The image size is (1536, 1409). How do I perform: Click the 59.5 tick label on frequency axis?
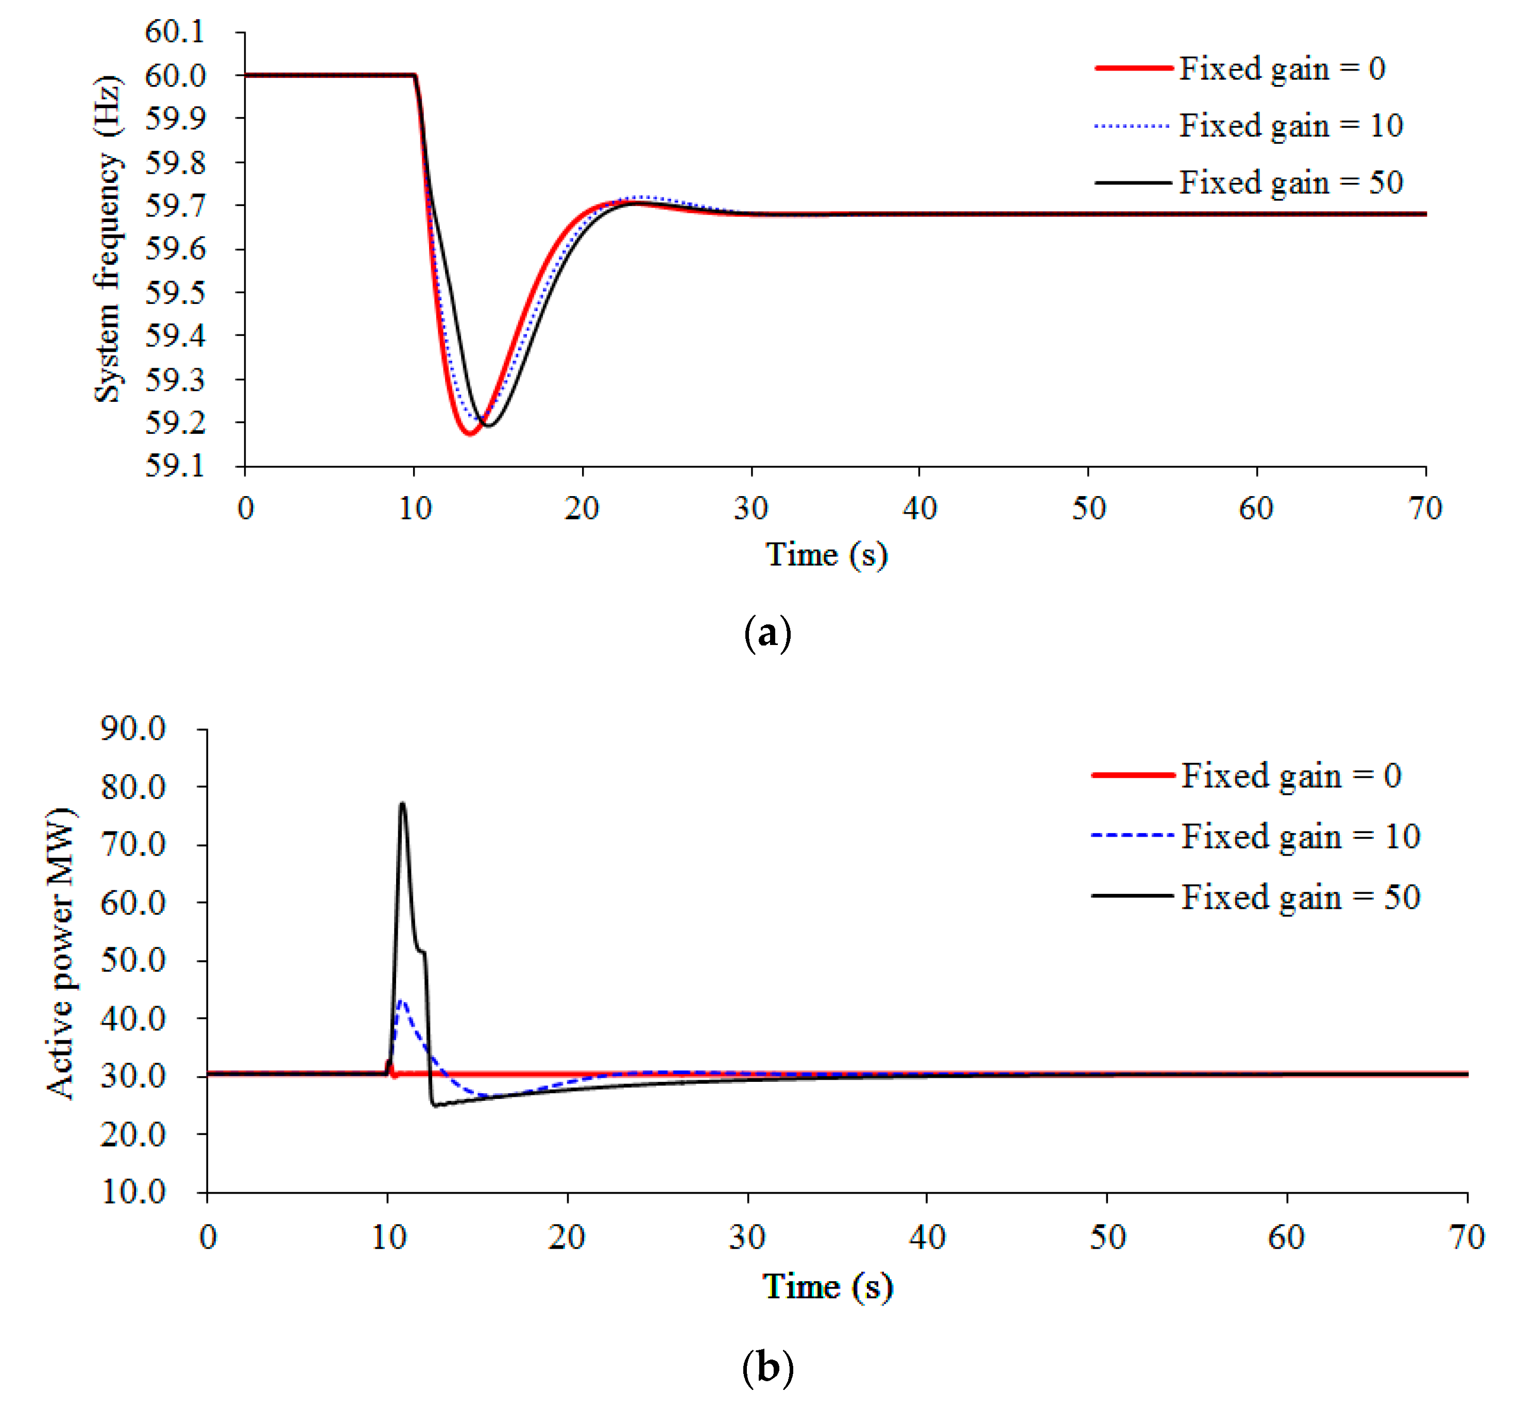pos(175,293)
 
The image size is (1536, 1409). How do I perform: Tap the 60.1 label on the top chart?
pos(175,32)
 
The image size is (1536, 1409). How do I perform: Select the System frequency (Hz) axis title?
pos(107,239)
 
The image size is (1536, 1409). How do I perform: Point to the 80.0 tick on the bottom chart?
pos(133,787)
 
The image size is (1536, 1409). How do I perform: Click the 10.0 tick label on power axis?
pos(133,1192)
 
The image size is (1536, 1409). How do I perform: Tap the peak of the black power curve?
pos(402,804)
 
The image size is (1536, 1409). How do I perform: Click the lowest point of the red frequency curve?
pos(470,434)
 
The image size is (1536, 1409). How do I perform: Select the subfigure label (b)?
pos(767,1368)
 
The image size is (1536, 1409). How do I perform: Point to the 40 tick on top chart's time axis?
pos(919,508)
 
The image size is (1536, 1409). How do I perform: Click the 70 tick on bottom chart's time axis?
pos(1466,1237)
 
